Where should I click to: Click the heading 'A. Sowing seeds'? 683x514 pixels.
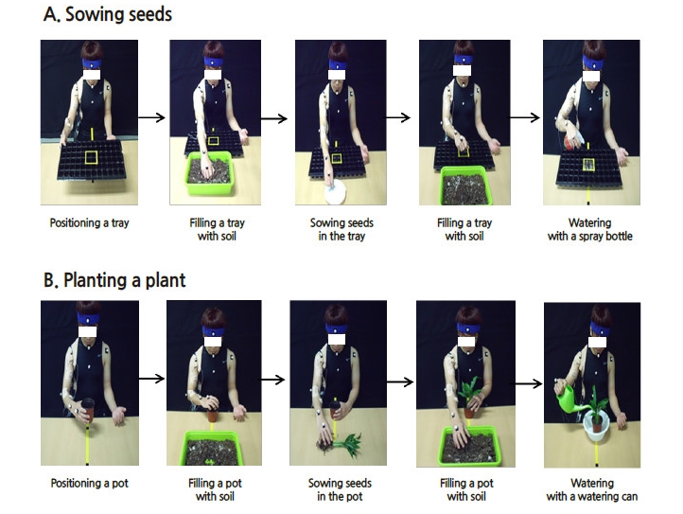(108, 14)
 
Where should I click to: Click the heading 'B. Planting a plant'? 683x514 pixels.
(114, 280)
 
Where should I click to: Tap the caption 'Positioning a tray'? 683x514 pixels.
(89, 223)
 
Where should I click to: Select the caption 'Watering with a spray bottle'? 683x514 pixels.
(589, 230)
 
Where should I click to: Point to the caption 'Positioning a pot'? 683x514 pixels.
(89, 483)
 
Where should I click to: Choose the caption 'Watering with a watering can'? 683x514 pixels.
(592, 489)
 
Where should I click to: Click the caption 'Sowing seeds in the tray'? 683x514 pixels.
(341, 230)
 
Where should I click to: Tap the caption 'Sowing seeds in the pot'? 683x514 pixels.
(340, 489)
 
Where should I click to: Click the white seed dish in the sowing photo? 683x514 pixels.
(335, 192)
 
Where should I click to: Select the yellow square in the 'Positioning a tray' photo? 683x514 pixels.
(91, 157)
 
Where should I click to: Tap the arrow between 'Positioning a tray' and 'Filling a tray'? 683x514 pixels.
(151, 117)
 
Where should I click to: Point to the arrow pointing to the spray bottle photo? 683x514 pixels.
(525, 117)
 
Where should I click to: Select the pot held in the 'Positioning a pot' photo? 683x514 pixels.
(88, 409)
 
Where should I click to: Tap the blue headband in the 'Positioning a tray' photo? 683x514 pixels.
(92, 63)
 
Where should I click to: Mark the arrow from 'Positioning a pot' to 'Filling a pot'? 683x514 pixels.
(151, 379)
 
